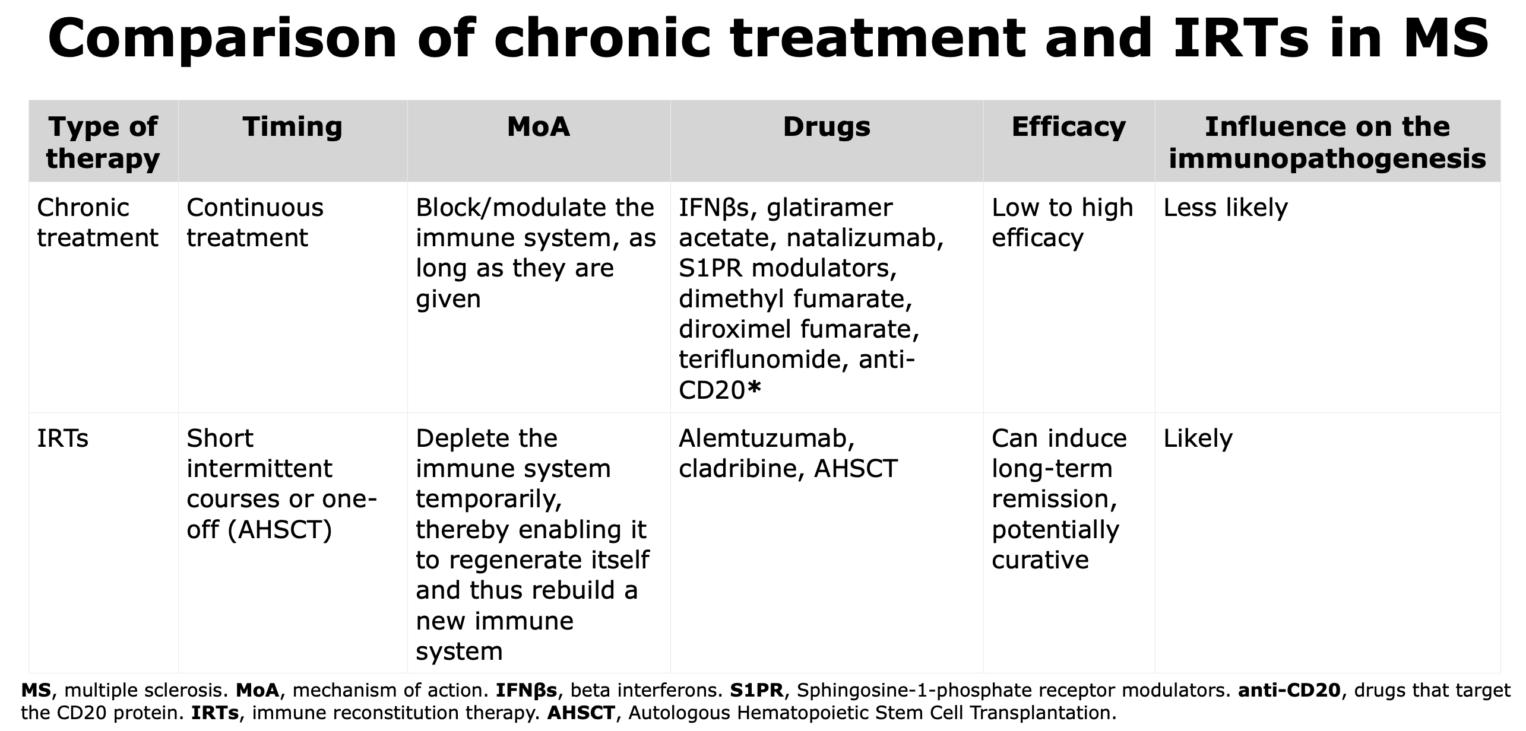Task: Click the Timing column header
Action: [292, 126]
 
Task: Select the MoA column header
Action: [539, 126]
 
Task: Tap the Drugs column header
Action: [827, 127]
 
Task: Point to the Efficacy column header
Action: [1069, 127]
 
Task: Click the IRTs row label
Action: [62, 438]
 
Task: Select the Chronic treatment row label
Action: [97, 223]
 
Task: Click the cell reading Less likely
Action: [1226, 208]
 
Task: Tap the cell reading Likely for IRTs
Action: [1198, 438]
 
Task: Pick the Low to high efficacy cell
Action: [1062, 223]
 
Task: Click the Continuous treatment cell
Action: [255, 223]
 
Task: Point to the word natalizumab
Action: [865, 238]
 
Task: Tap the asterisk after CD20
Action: [753, 387]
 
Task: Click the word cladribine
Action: [741, 469]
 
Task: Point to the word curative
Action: [1040, 560]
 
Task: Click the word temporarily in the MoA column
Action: [489, 500]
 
